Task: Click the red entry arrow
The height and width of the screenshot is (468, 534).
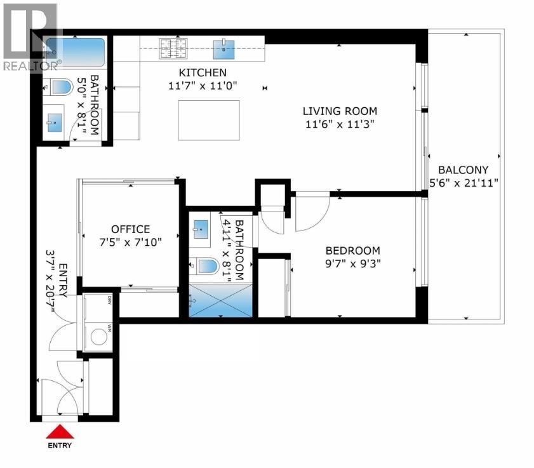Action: click(60, 431)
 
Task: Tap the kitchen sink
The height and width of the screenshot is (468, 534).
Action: click(224, 50)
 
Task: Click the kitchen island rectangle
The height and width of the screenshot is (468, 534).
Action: click(209, 120)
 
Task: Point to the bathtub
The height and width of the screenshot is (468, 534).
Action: click(76, 53)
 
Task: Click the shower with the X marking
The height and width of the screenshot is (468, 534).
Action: click(221, 300)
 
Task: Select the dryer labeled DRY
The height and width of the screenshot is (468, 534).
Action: click(98, 308)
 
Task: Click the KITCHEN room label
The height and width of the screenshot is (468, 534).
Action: click(203, 72)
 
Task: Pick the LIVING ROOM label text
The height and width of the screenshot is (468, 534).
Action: click(340, 111)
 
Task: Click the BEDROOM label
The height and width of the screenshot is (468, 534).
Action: click(353, 251)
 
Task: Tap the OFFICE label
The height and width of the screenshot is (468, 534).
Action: click(130, 229)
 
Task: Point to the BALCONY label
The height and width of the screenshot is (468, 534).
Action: click(463, 170)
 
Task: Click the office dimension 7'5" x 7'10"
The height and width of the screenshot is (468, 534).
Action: click(130, 243)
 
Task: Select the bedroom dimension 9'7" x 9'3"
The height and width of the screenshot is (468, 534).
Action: click(353, 264)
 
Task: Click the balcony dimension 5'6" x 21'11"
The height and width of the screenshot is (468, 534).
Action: click(464, 183)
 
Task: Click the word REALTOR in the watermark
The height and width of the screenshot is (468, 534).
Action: click(30, 66)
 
